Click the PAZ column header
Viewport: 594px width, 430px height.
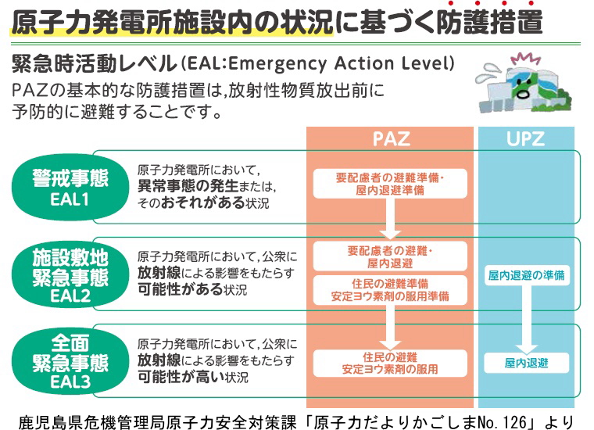[391, 138]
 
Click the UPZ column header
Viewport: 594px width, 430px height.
[526, 138]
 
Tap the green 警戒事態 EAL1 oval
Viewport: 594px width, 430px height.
[70, 188]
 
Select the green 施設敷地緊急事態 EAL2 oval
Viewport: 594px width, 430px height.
[70, 274]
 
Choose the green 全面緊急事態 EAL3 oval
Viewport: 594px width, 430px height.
[70, 361]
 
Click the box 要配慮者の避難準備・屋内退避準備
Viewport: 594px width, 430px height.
[390, 184]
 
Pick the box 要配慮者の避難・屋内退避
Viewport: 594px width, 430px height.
[390, 256]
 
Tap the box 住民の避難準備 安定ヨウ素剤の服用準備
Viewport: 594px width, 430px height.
[390, 290]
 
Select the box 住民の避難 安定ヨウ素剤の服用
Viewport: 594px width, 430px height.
[390, 364]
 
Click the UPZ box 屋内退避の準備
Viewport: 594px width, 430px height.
[526, 275]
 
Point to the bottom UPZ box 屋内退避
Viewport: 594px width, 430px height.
[526, 363]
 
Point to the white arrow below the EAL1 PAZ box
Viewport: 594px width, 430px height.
[390, 219]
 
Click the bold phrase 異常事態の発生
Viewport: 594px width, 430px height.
[188, 186]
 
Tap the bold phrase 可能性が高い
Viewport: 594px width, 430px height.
[181, 377]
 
